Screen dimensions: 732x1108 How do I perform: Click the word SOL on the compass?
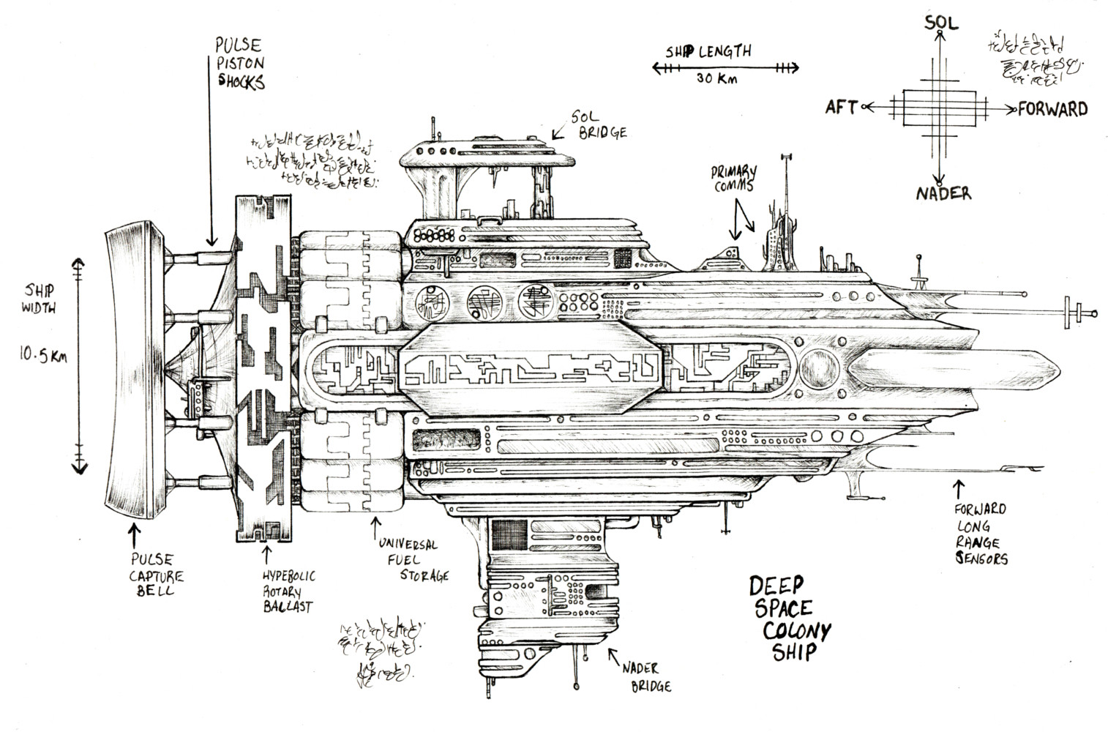[940, 22]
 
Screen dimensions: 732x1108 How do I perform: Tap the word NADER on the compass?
[942, 194]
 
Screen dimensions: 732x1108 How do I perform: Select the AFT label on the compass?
[842, 108]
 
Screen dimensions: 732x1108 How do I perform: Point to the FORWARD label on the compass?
[1052, 110]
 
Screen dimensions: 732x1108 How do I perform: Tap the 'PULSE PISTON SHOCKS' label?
[239, 64]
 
